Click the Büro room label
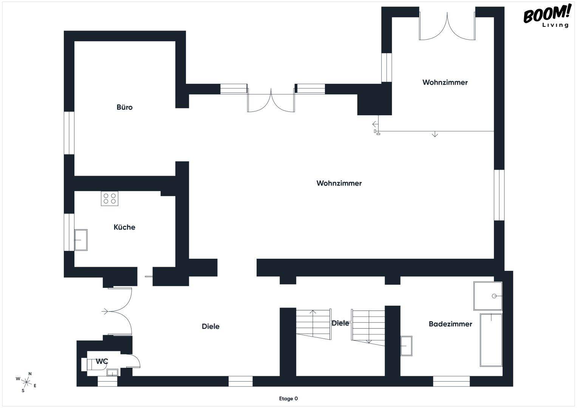click(124, 107)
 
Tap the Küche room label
click(124, 227)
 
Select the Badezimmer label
click(450, 324)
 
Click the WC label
click(102, 362)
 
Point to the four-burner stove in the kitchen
click(110, 198)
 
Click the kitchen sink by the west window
click(80, 240)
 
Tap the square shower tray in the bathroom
click(488, 295)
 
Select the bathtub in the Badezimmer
click(491, 340)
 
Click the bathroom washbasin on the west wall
click(406, 346)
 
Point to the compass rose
click(27, 382)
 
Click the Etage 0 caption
click(288, 399)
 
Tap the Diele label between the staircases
click(340, 323)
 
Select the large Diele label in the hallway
click(210, 326)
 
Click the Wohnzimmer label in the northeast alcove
click(445, 82)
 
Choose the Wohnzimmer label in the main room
click(339, 183)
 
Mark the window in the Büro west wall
click(69, 133)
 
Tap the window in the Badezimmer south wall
click(451, 381)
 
